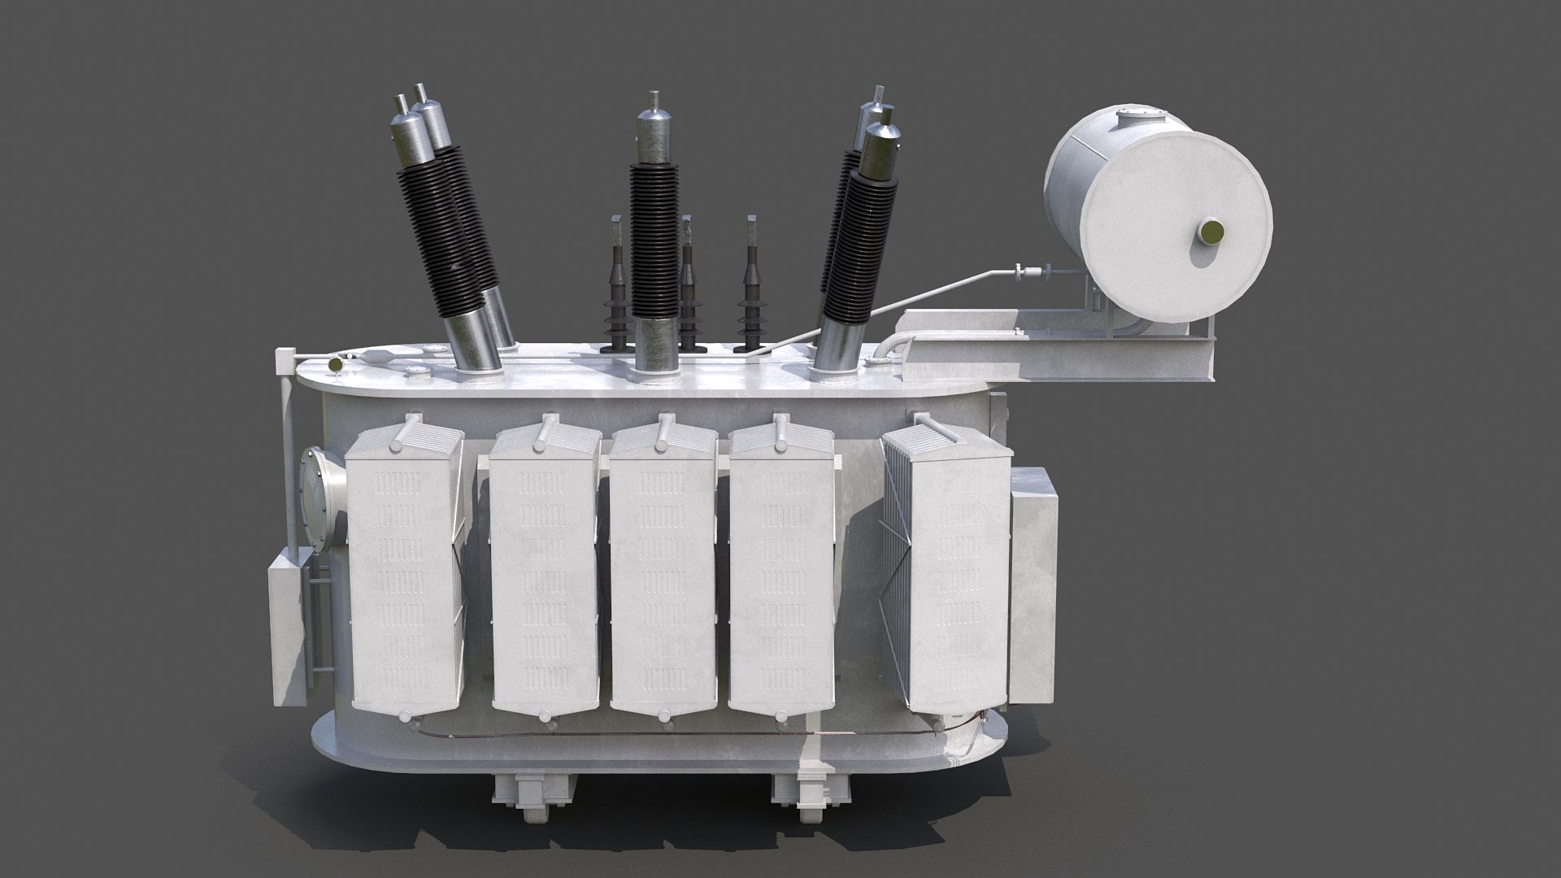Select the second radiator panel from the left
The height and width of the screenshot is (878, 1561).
click(x=545, y=569)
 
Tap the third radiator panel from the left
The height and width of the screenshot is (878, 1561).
click(x=663, y=569)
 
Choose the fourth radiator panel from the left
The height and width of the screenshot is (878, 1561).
click(x=782, y=569)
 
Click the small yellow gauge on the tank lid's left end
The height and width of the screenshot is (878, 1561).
click(x=333, y=367)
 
